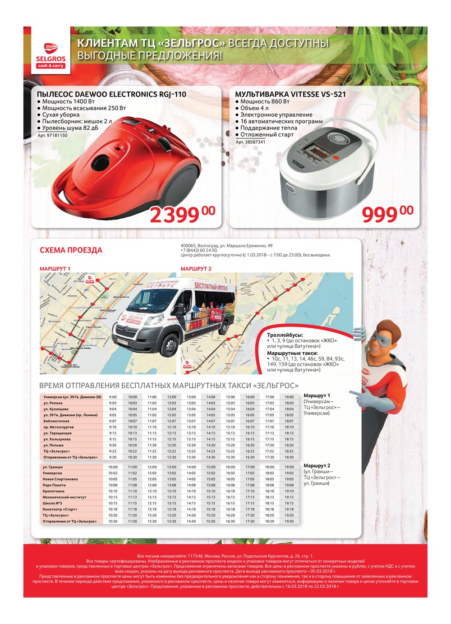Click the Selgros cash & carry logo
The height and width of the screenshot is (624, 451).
pos(51,55)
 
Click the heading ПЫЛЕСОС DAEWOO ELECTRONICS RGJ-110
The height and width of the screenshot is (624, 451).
pos(111,94)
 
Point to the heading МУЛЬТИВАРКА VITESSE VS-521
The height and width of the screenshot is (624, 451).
pos(290,94)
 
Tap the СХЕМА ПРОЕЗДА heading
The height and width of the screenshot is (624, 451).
pos(71,250)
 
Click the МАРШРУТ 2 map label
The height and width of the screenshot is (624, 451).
pos(196,269)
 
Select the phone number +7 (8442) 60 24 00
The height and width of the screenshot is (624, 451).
pos(199,250)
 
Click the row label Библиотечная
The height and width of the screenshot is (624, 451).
pos(56,421)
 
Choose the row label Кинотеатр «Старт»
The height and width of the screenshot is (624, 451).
pos(60,509)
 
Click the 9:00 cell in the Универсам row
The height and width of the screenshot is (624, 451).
pos(113,397)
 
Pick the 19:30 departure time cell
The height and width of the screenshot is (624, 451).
pos(289,521)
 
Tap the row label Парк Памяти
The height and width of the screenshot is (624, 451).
pos(55,485)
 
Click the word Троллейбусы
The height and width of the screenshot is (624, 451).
pos(285,335)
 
